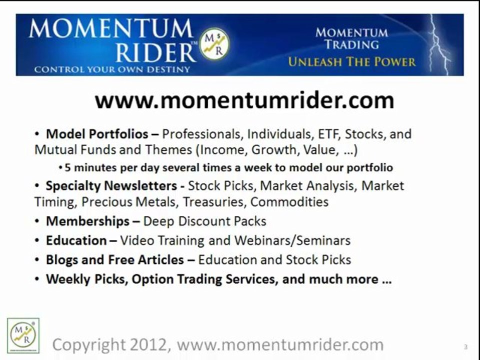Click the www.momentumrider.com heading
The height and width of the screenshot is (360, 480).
point(244,101)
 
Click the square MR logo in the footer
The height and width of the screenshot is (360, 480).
point(23,334)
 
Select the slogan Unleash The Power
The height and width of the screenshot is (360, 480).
point(351,62)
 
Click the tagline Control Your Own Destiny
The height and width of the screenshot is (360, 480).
point(112,69)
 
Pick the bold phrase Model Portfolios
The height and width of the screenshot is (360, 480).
point(97,134)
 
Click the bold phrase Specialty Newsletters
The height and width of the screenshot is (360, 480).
point(111,186)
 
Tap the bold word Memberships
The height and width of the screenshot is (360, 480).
point(87,221)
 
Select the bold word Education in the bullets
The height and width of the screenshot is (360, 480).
point(76,240)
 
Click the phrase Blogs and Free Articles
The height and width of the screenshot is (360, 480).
point(115,260)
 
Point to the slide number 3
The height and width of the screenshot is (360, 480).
point(465,346)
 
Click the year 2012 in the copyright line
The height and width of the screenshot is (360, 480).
point(150,344)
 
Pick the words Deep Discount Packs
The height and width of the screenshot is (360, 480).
point(205,221)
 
